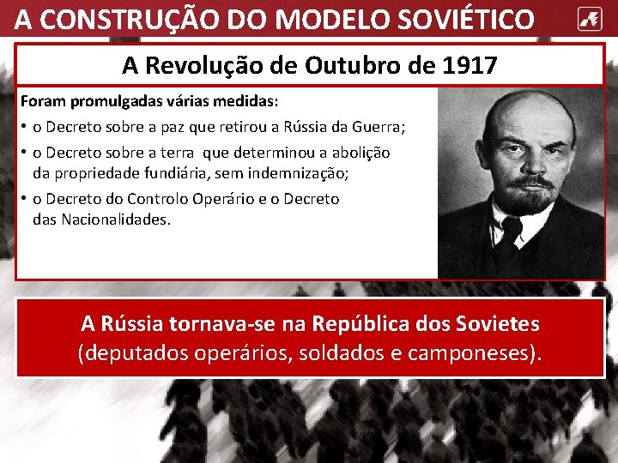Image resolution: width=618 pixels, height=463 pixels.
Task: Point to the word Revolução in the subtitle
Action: [x=205, y=65]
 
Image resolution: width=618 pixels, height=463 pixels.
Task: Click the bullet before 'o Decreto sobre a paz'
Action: [x=24, y=128]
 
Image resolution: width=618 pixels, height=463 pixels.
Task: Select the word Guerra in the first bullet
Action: [x=378, y=128]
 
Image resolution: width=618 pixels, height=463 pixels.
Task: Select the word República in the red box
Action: [x=360, y=324]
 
